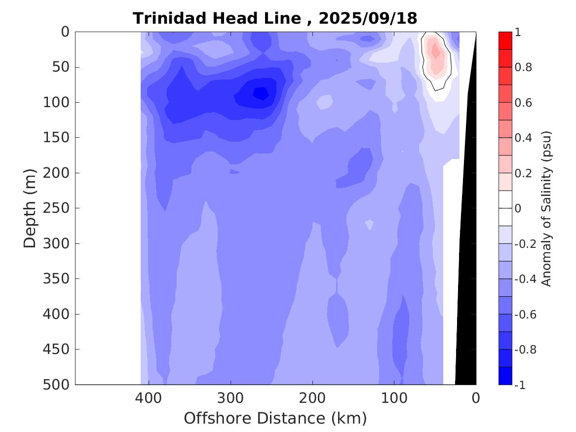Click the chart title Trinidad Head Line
[x=217, y=18]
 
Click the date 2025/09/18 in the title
[x=368, y=18]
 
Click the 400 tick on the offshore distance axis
[x=148, y=398]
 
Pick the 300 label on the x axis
[x=230, y=398]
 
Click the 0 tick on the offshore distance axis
[x=475, y=398]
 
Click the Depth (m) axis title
[x=31, y=208]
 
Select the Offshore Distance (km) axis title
[x=275, y=418]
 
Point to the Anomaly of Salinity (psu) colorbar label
[x=546, y=208]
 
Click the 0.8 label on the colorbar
[x=523, y=67]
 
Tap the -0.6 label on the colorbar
[x=525, y=314]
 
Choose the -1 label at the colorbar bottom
[x=520, y=385]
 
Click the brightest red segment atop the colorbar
[x=505, y=40]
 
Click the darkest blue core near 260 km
[x=260, y=92]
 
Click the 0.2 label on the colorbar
[x=523, y=173]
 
